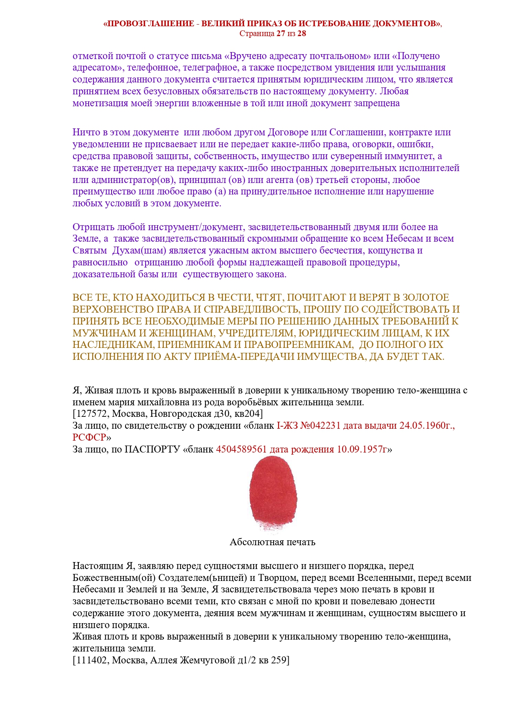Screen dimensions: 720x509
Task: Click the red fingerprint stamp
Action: click(x=273, y=494)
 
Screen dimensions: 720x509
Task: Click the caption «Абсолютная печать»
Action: click(x=272, y=542)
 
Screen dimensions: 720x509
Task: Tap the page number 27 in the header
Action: click(x=281, y=34)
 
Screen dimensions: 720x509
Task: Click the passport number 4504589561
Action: click(x=241, y=449)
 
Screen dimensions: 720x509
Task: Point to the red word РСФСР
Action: click(x=89, y=437)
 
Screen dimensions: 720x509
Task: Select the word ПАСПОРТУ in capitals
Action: click(x=152, y=449)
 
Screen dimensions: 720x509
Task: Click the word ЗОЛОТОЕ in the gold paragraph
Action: click(x=426, y=297)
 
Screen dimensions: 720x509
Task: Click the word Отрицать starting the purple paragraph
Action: click(x=94, y=227)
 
